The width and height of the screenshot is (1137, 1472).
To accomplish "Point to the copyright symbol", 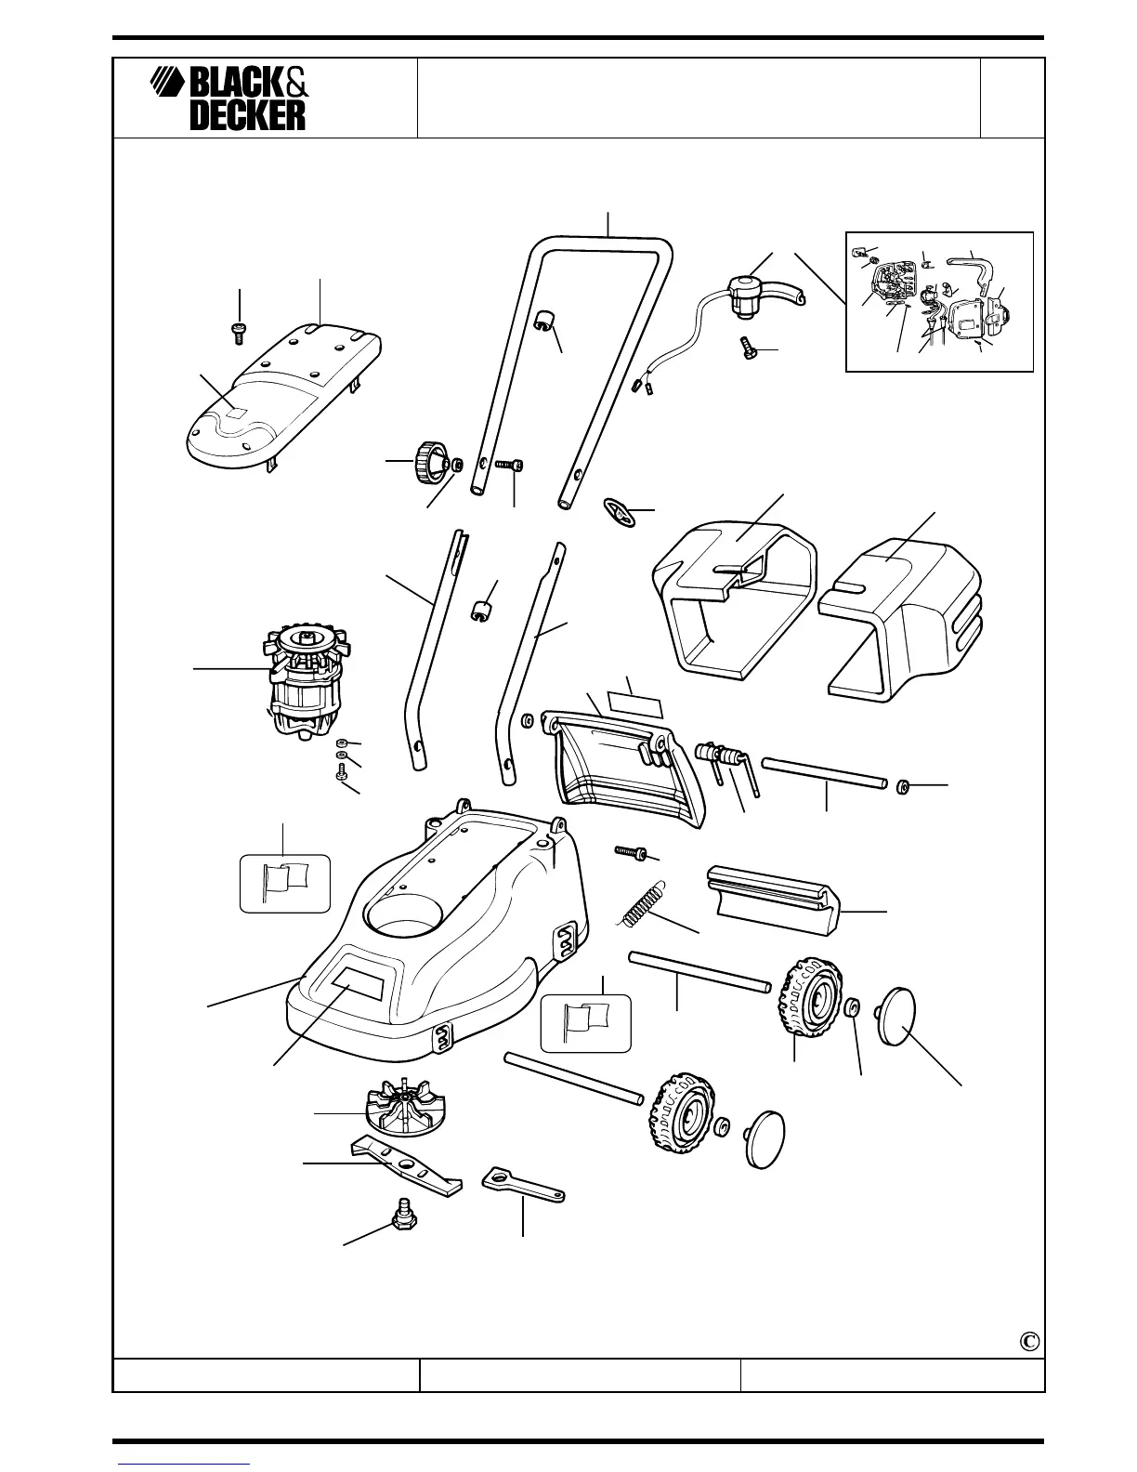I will click(x=1027, y=1341).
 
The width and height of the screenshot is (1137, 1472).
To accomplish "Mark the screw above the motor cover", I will click(x=240, y=332).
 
